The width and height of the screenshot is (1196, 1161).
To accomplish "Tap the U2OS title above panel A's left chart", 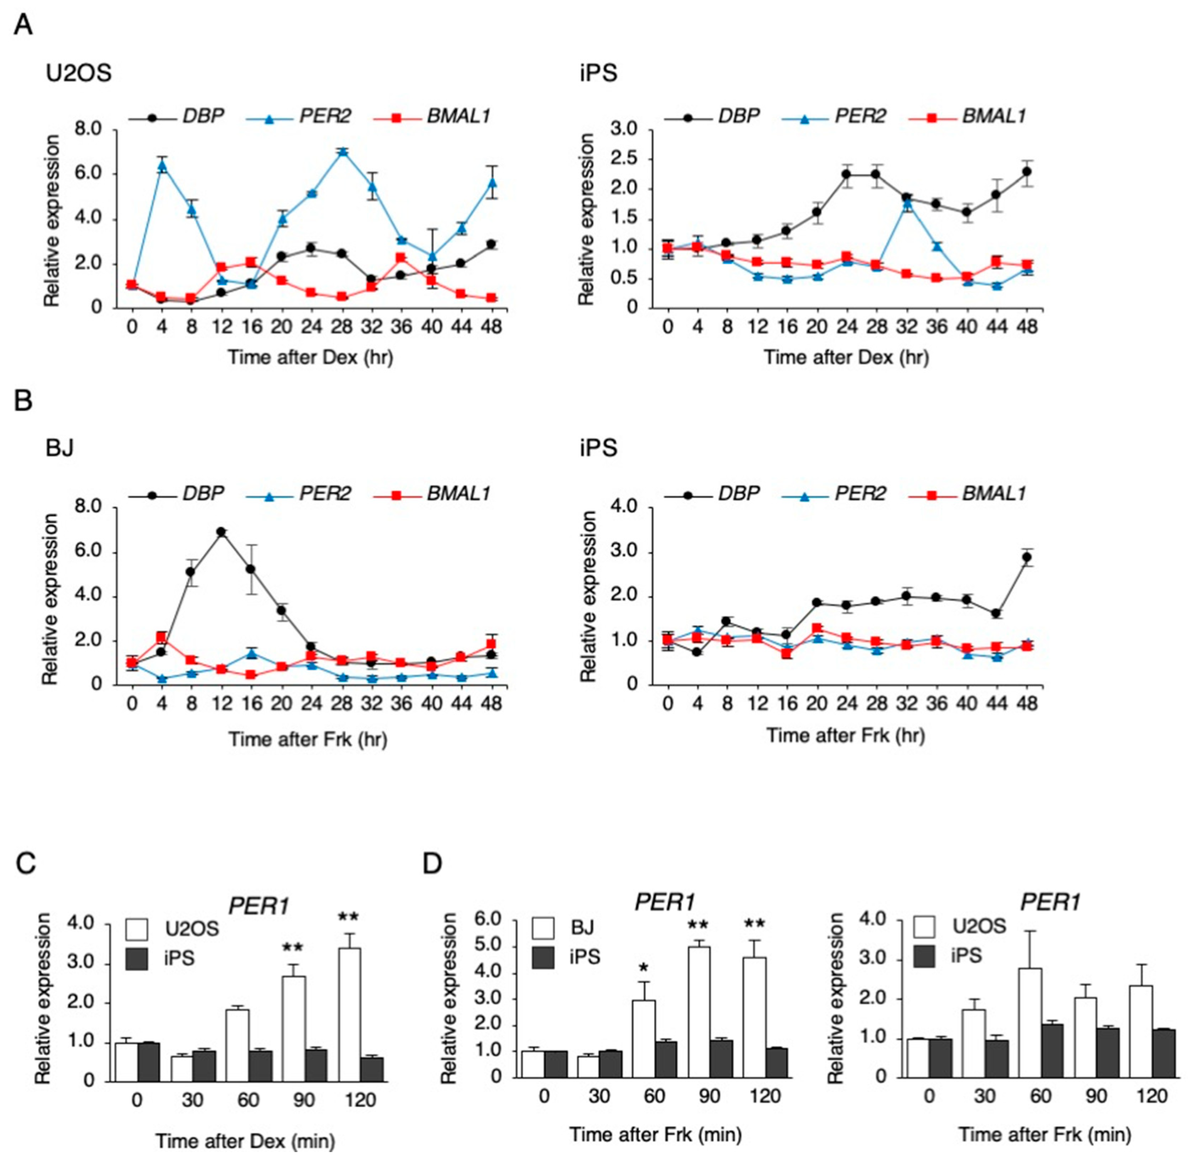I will (x=79, y=73).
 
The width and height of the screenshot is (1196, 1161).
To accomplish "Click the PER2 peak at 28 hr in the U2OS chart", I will (x=342, y=151).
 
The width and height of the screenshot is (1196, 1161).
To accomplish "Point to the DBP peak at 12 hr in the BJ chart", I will (x=221, y=532).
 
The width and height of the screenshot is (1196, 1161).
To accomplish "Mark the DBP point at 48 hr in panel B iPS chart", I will (x=1027, y=557).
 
